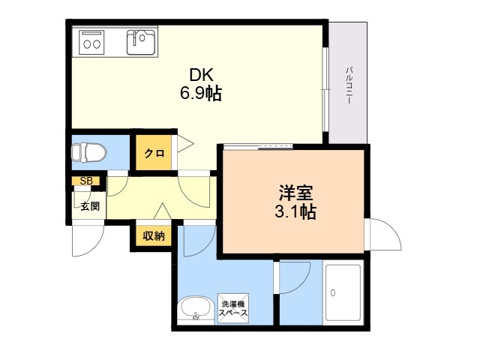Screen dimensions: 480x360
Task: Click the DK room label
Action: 201,75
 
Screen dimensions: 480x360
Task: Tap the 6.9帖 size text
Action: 201,93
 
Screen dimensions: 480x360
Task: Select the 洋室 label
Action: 295,193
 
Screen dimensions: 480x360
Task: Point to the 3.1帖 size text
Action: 295,211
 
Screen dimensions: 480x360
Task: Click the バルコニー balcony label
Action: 349,85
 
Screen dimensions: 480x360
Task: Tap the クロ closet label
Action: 154,153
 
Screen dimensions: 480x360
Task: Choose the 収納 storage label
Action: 154,235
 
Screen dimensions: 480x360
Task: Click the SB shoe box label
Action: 86,181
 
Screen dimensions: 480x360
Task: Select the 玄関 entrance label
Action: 90,206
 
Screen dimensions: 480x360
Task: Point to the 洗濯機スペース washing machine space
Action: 233,308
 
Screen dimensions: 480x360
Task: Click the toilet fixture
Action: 88,151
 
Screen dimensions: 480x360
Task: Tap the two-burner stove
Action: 91,43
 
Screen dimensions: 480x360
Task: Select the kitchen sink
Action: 141,42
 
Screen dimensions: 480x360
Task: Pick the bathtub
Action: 343,293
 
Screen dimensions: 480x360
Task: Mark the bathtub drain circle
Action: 333,292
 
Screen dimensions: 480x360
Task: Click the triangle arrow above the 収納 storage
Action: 163,211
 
